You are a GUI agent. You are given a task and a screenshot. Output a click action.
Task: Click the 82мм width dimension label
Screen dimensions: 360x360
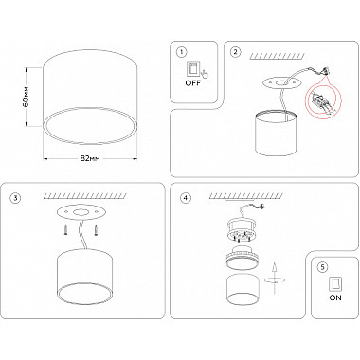(90, 158)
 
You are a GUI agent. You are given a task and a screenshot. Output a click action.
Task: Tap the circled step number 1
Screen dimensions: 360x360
(182, 52)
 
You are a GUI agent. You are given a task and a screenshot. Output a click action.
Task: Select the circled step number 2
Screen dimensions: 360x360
(235, 52)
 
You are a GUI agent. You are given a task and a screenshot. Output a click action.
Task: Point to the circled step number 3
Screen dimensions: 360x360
(15, 198)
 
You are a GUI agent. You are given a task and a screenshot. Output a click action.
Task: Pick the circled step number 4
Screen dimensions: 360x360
(186, 198)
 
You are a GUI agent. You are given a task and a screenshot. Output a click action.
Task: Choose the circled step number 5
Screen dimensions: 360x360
(322, 267)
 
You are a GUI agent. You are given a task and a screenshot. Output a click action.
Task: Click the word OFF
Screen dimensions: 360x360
(192, 83)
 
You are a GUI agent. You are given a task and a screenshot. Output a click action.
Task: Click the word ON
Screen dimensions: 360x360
(335, 297)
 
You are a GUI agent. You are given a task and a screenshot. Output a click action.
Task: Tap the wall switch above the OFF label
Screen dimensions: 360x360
(192, 69)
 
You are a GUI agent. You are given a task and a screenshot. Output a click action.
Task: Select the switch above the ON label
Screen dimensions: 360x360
(335, 284)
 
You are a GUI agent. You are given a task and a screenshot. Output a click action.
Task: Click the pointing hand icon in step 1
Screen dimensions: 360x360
(205, 73)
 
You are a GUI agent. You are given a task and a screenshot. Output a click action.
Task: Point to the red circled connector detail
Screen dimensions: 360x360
(323, 100)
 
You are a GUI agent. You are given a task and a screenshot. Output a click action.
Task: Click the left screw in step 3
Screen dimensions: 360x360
(66, 229)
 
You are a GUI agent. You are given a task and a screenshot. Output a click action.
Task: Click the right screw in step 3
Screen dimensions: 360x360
(96, 229)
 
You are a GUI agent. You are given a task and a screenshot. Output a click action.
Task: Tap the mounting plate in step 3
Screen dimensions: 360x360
(81, 213)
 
